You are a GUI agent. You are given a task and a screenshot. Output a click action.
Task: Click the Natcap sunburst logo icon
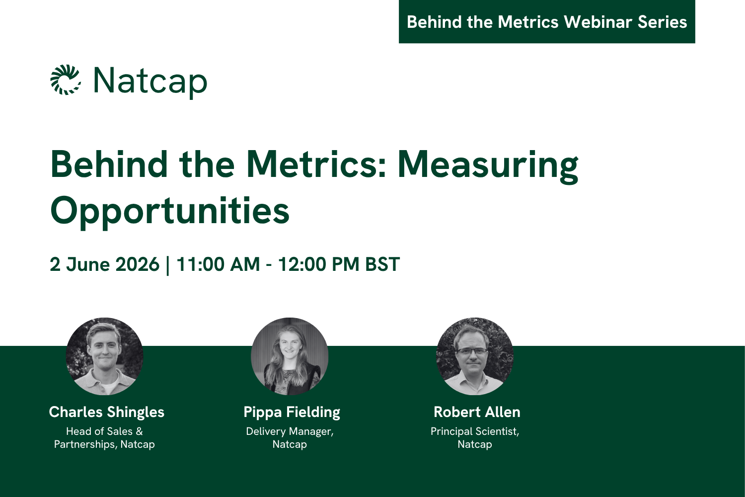(x=66, y=80)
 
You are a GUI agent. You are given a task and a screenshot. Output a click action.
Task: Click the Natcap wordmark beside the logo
(x=150, y=81)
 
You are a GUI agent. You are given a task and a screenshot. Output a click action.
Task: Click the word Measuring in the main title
(x=488, y=165)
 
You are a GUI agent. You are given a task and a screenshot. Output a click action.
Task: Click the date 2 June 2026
(x=104, y=264)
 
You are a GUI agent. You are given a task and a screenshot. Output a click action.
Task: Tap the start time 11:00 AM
(x=218, y=264)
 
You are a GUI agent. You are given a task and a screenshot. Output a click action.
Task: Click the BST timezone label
(x=382, y=264)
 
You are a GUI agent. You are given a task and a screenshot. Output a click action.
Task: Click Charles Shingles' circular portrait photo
(x=104, y=356)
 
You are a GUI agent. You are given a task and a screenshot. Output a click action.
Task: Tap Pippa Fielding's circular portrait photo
(x=290, y=356)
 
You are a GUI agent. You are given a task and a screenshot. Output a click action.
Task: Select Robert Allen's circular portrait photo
(x=475, y=356)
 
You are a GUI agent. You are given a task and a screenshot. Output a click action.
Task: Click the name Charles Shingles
(x=106, y=412)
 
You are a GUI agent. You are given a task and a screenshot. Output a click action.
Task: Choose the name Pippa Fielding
(x=292, y=412)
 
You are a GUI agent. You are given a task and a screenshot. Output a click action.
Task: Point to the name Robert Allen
(x=477, y=412)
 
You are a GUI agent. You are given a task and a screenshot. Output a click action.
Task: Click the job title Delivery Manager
(x=290, y=431)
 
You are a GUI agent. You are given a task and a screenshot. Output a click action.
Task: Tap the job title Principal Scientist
(x=475, y=431)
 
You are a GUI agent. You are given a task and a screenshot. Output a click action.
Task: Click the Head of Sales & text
(x=104, y=431)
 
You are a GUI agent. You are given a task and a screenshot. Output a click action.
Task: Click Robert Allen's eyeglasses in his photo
(x=472, y=351)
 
